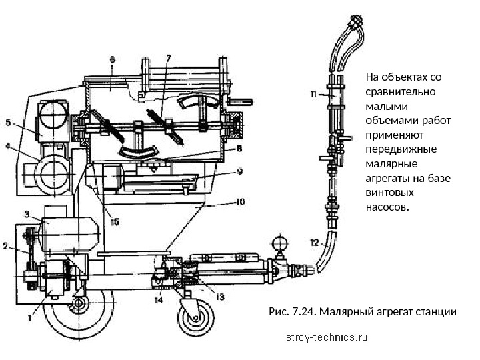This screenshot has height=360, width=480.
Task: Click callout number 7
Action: [168, 58]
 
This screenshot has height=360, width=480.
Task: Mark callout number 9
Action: [240, 171]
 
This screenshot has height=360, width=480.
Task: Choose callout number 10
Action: [240, 200]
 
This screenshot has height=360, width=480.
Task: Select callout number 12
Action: [315, 241]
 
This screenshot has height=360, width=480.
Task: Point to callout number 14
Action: [159, 300]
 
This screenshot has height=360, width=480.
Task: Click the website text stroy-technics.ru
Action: [327, 337]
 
